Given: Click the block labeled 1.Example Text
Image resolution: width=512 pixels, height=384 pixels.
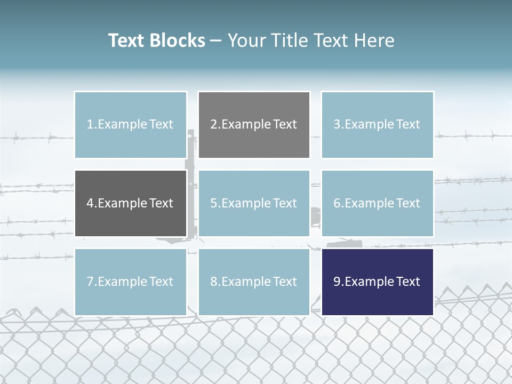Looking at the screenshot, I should [x=130, y=125].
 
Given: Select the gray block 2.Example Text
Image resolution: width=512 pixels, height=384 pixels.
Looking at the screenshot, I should [x=254, y=125].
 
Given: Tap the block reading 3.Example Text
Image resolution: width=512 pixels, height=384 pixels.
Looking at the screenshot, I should [x=377, y=125].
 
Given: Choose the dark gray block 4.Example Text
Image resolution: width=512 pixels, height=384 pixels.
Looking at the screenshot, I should [x=130, y=203].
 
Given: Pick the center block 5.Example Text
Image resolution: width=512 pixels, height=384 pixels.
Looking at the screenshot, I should [x=254, y=203].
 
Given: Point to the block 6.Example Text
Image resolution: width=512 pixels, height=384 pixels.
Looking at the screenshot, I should [x=377, y=203].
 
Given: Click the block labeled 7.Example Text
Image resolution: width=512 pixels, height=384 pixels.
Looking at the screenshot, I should [x=130, y=282].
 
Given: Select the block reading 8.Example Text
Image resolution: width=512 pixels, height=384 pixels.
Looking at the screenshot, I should [x=254, y=282].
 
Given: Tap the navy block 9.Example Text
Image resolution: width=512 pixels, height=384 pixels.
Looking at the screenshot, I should [x=377, y=282].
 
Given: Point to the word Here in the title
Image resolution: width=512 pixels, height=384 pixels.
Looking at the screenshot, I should [x=375, y=41].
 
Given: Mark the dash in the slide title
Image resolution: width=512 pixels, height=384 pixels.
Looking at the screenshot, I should [x=216, y=41].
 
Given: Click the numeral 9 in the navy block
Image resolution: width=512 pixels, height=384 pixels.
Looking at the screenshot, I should [x=337, y=282].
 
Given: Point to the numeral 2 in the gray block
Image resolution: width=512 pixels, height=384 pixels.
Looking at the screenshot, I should [x=213, y=125].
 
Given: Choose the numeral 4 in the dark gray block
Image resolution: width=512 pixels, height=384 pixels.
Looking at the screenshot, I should [x=90, y=203].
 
